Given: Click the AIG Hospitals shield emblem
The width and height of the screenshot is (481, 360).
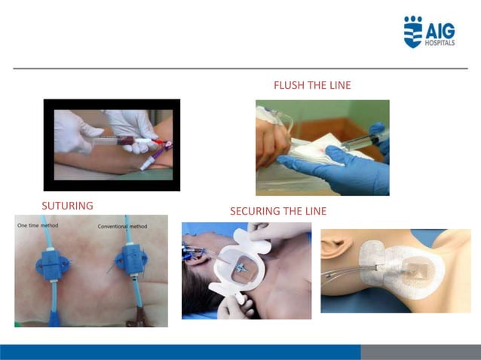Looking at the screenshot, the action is point(413,32).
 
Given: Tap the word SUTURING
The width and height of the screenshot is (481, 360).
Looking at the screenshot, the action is point(68,206).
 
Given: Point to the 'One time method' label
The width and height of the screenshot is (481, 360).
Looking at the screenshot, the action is point(38,225).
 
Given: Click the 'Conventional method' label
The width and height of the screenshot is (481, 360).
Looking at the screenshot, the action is point(122,227).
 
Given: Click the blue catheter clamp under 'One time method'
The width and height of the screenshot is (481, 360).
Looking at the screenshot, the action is point(53,265).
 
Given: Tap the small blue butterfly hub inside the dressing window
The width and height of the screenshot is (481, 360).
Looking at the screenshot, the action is point(241,268).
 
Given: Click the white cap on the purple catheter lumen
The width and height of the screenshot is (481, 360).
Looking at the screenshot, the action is point(146,163).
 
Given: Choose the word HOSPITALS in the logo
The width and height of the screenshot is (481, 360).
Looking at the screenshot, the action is point(440,43).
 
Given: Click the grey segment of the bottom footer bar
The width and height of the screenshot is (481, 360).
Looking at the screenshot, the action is point(421,352).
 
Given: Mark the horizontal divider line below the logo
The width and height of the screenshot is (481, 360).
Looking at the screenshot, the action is point(240,69).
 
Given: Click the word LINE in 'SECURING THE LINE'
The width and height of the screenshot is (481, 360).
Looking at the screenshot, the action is point(316,211).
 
